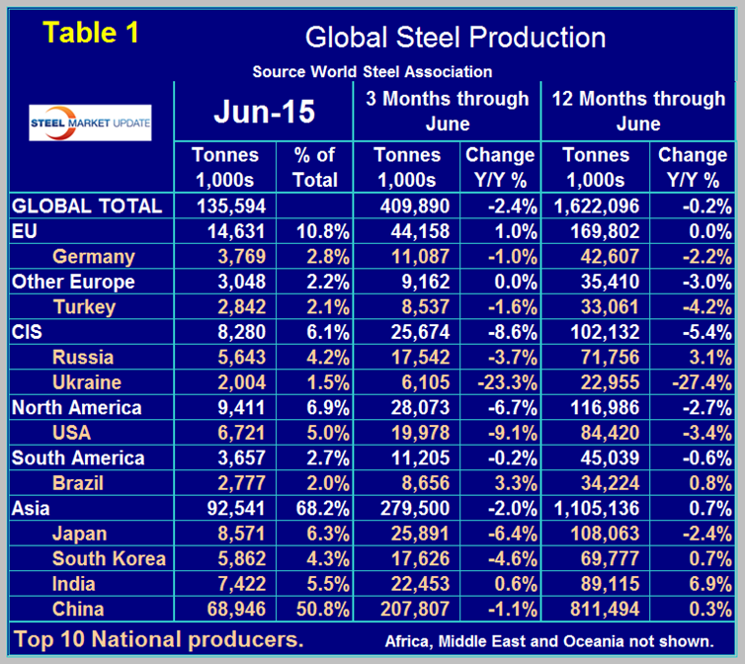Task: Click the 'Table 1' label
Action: tap(92, 33)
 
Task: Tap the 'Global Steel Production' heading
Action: tap(455, 38)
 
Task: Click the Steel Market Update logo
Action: tap(90, 123)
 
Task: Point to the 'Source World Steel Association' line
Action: tap(372, 72)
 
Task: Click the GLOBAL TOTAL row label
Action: tap(87, 207)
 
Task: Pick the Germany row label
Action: tap(94, 257)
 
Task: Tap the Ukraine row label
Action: tap(87, 382)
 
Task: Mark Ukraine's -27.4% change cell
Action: tap(693, 382)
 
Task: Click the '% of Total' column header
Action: tap(315, 168)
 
